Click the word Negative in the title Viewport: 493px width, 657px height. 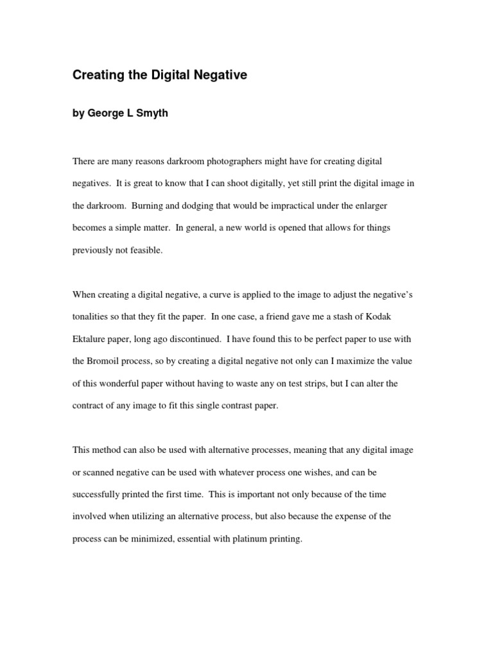tap(219, 76)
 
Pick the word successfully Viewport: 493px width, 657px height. tap(98, 495)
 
